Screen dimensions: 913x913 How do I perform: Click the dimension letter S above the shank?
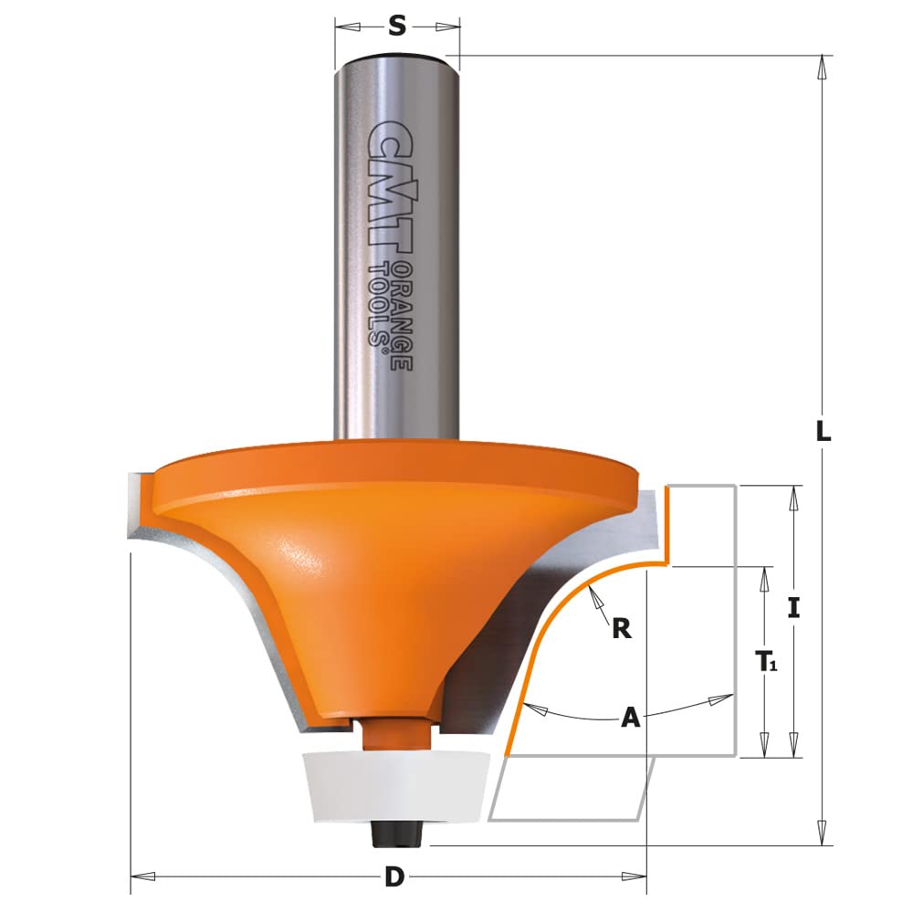pos(397,26)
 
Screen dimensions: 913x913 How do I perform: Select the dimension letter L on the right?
pos(824,435)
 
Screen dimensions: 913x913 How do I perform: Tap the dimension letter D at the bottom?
pos(394,877)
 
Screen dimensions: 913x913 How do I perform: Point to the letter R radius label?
pos(622,629)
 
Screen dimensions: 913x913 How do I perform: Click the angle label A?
pos(629,719)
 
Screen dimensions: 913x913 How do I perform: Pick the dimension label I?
pos(794,608)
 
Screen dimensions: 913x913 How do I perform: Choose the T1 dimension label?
pos(765,662)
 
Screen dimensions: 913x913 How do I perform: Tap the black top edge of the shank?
pos(397,58)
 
